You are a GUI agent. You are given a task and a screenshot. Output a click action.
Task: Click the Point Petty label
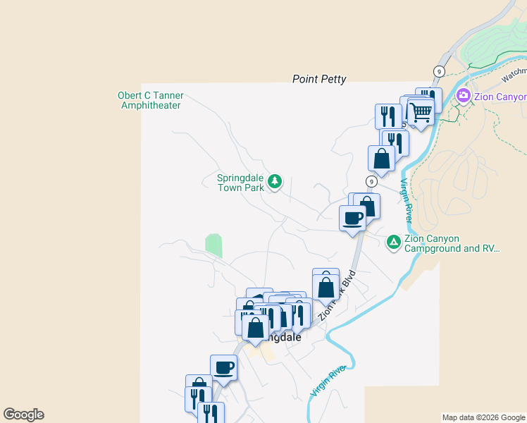319,80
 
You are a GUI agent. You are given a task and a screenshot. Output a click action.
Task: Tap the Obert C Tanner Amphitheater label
150,101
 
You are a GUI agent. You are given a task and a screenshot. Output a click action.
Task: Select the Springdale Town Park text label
240,183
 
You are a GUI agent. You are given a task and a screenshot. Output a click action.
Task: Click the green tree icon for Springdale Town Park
275,183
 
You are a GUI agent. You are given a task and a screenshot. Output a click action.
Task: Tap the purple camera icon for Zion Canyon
464,96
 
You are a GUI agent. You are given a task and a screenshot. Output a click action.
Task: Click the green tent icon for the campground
394,243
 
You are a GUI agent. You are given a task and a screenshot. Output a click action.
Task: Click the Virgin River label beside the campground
407,201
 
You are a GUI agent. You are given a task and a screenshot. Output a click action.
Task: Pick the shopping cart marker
421,111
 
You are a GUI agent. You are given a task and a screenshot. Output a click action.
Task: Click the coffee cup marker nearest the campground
352,218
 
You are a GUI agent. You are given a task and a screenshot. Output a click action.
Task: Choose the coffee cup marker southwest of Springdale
224,367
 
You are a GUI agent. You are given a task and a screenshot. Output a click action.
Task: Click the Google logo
23,415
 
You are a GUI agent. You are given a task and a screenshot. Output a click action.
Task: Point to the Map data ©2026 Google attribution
483,417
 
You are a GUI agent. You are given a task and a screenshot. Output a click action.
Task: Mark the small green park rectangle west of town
213,246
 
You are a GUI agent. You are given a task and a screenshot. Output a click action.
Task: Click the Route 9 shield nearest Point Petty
439,71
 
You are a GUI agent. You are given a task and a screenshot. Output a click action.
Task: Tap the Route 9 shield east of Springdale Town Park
371,182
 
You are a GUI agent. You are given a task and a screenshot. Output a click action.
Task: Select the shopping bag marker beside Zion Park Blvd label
325,286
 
